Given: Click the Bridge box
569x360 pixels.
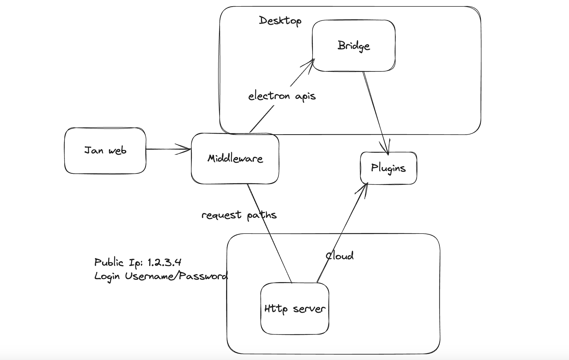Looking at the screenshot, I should (354, 46).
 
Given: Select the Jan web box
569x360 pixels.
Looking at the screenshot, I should (105, 151).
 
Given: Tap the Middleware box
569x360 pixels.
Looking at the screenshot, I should (235, 159).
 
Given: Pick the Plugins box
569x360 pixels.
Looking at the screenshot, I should (388, 168).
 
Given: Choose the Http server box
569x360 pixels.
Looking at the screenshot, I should (295, 309).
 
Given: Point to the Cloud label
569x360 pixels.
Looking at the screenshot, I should (340, 256).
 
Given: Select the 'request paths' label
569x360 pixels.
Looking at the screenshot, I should (239, 215).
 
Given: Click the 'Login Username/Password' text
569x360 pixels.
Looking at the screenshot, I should (161, 276).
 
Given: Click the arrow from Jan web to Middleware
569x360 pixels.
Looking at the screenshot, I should (166, 149).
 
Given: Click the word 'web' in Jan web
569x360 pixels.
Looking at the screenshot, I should (117, 151).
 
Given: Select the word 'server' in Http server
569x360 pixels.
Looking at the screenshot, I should (309, 309).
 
